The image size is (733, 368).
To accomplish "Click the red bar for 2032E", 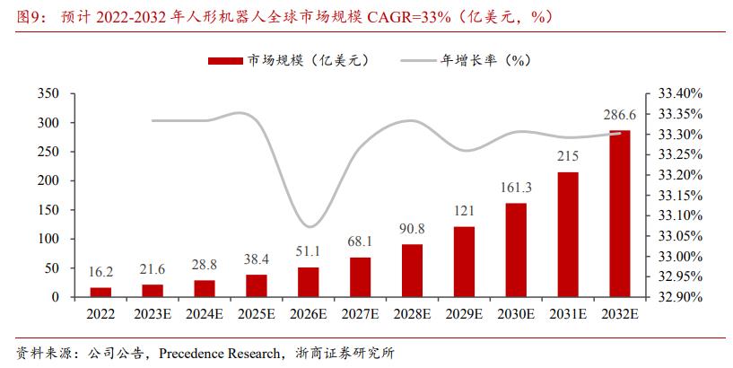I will click(619, 214).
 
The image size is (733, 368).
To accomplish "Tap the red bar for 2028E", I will click(412, 270).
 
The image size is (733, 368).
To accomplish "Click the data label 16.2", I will click(101, 272).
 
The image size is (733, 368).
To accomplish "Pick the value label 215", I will click(567, 156).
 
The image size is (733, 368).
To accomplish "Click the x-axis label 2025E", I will click(257, 314).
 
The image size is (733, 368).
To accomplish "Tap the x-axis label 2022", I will click(101, 314).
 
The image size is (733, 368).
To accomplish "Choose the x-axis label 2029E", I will click(464, 314).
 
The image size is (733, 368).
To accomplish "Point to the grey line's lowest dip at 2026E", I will click(309, 226).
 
